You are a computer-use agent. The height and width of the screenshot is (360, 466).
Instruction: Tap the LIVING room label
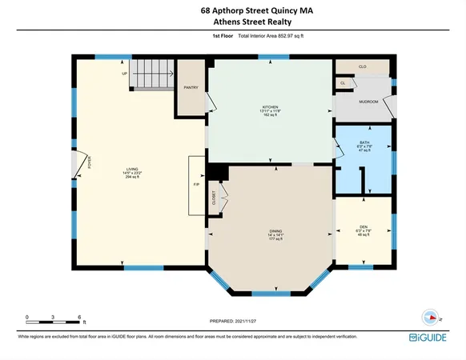(132, 169)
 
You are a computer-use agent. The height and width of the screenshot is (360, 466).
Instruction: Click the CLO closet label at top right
(362, 66)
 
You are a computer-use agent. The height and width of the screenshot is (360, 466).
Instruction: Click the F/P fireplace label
(196, 185)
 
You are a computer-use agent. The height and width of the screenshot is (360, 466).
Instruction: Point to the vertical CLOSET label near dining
(214, 199)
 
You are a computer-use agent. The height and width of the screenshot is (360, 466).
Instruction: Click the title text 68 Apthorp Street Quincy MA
(232, 10)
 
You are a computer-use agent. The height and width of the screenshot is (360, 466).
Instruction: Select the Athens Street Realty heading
(232, 23)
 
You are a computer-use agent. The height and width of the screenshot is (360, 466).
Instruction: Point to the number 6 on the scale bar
(81, 318)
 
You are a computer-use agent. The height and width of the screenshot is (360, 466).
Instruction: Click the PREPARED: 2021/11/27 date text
(232, 321)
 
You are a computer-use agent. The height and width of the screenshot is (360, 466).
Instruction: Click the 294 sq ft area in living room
(132, 179)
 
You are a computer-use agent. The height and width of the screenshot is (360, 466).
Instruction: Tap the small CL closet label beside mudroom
(343, 82)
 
